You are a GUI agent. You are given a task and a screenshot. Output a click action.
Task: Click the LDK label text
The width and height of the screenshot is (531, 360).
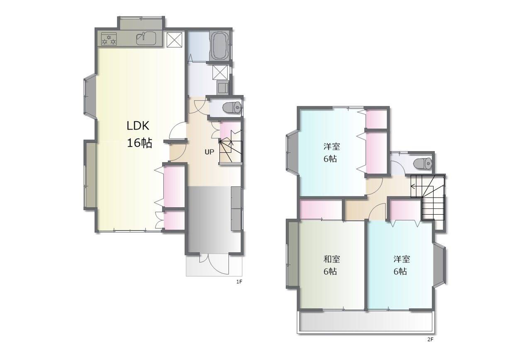pyautogui.click(x=138, y=126)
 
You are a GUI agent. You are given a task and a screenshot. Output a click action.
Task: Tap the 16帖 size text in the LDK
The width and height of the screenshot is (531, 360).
pyautogui.click(x=139, y=143)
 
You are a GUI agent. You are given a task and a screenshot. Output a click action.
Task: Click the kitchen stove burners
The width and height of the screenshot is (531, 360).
pyautogui.click(x=109, y=39)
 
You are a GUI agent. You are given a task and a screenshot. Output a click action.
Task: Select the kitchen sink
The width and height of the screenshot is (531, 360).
pyautogui.click(x=146, y=38)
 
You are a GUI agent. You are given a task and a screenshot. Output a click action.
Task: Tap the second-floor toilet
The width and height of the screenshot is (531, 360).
pyautogui.click(x=422, y=163)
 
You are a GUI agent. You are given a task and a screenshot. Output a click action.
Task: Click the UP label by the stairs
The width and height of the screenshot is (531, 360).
pyautogui.click(x=209, y=152)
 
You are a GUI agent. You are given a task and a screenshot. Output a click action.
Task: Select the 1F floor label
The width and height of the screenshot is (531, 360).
pyautogui.click(x=239, y=282)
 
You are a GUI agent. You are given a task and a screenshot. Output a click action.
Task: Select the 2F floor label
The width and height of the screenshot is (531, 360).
pyautogui.click(x=430, y=339)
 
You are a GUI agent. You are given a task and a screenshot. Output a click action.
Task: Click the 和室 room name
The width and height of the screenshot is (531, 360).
pyautogui.click(x=331, y=259)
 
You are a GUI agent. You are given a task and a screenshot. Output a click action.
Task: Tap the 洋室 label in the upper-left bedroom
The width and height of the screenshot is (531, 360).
pyautogui.click(x=331, y=147)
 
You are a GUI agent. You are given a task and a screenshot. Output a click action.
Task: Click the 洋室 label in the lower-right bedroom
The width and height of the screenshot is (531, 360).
pyautogui.click(x=402, y=259)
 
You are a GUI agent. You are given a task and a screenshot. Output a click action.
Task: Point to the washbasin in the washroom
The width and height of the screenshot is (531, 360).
pyautogui.click(x=223, y=88)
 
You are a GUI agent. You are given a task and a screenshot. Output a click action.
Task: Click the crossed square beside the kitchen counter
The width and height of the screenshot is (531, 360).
pyautogui.click(x=174, y=40)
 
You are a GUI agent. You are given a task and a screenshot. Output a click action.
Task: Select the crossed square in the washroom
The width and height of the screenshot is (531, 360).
pyautogui.click(x=220, y=72)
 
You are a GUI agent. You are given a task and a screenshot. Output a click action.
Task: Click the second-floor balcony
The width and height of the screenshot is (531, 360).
pyautogui.click(x=366, y=322)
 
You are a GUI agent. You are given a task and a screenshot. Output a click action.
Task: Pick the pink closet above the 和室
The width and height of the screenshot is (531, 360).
pyautogui.click(x=321, y=210)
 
